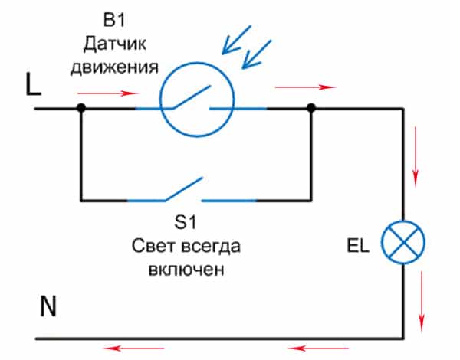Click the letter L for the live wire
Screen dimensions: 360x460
(x=33, y=85)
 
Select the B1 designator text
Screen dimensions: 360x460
(x=113, y=17)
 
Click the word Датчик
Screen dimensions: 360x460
(x=113, y=41)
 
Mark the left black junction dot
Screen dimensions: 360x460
(x=80, y=110)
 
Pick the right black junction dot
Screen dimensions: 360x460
(x=310, y=110)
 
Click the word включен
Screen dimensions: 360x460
(x=186, y=271)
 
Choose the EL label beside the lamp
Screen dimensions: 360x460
(x=357, y=247)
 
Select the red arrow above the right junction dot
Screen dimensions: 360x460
(x=295, y=88)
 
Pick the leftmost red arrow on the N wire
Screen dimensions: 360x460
(x=125, y=349)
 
